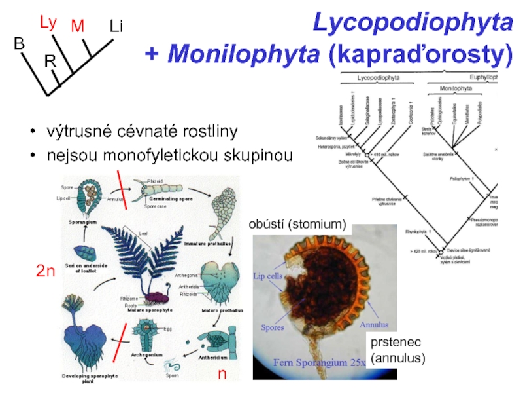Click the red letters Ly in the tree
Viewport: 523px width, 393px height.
[x=48, y=23]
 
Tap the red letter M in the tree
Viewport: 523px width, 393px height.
[x=78, y=26]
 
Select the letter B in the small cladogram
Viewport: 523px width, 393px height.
[x=19, y=43]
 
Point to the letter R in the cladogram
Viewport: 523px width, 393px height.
[x=50, y=62]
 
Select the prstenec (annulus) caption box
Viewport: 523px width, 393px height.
[x=397, y=350]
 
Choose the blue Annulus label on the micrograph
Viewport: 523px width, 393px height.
[x=374, y=324]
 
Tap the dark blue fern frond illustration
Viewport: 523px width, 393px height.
[x=154, y=259]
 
